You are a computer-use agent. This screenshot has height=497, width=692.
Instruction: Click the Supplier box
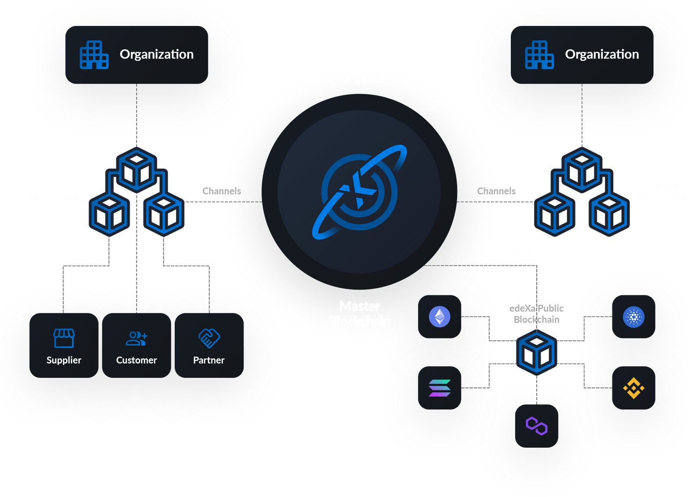pos(64,345)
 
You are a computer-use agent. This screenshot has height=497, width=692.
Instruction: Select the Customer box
pos(136,345)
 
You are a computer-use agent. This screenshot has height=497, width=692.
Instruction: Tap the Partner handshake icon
pos(209,338)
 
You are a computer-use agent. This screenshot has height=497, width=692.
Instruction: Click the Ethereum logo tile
pos(439,316)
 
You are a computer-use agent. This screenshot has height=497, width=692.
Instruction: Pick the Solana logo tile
pos(439,388)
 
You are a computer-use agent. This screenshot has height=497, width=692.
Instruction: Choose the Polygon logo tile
pos(537,426)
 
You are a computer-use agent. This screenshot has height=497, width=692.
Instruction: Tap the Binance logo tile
pos(634,388)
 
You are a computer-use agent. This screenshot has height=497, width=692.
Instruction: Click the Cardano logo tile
pos(634,316)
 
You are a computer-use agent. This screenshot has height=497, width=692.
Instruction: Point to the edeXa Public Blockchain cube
pos(537,352)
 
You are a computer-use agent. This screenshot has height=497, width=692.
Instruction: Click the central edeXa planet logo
pos(359,192)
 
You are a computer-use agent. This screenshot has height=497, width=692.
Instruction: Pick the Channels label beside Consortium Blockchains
pos(221,191)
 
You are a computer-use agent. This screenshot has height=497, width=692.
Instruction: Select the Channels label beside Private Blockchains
pos(496,191)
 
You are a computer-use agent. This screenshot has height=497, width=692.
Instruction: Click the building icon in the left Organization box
pos(94,55)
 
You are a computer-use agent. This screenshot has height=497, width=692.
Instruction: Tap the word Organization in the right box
pos(602,54)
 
